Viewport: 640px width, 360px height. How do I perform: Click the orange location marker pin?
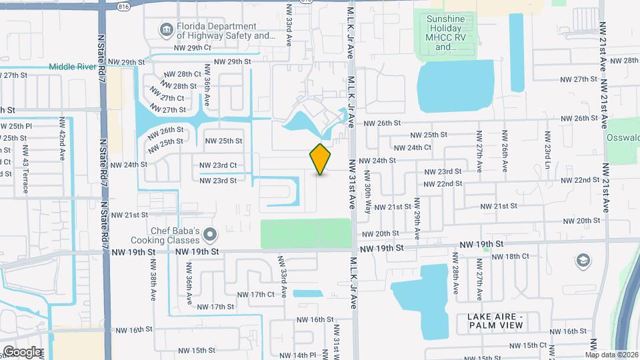[x=320, y=159]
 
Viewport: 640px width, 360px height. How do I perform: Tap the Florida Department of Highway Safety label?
[x=217, y=31]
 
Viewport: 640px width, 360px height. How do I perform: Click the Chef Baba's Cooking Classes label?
[x=175, y=235]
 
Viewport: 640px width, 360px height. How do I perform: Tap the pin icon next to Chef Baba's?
[x=211, y=234]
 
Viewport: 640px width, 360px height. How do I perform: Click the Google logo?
[x=22, y=352]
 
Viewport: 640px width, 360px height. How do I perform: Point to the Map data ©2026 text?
[x=612, y=355]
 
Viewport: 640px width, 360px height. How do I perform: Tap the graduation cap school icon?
[x=583, y=260]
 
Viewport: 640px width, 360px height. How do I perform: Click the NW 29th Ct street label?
[x=192, y=48]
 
